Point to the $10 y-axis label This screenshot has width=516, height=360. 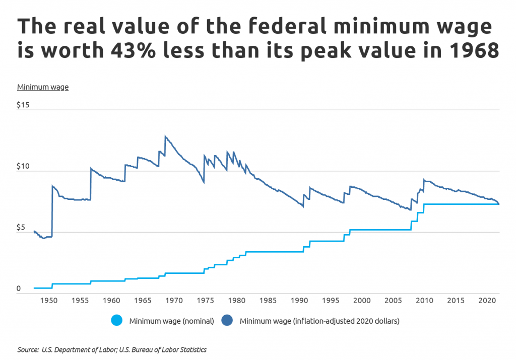(x=24, y=166)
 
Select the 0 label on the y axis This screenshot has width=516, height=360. (x=19, y=289)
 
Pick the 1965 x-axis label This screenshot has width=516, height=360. (x=143, y=301)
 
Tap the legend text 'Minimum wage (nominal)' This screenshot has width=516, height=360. (x=171, y=321)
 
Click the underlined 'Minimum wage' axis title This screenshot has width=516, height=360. (x=43, y=87)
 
